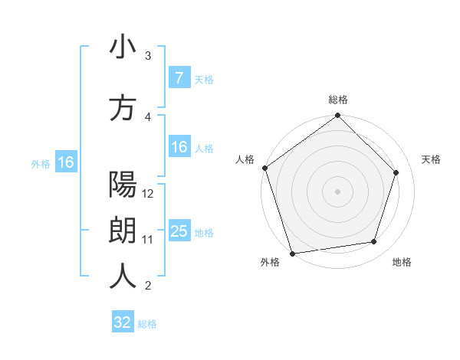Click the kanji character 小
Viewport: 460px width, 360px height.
(123, 47)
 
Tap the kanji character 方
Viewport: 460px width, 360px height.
(123, 108)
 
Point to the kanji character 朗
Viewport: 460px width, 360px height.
(123, 231)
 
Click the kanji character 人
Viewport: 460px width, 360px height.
(123, 277)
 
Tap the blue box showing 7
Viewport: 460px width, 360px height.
(179, 78)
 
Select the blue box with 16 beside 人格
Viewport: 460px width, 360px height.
(179, 147)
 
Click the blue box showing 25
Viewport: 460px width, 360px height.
(179, 231)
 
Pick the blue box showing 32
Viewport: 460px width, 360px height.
(123, 322)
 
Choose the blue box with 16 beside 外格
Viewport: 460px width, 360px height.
(65, 162)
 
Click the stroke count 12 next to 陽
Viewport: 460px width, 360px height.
(149, 193)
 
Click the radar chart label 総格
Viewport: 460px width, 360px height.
(338, 100)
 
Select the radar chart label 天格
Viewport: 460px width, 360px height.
(432, 159)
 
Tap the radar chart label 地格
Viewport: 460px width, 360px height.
(402, 263)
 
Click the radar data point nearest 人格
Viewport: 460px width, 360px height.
(264, 168)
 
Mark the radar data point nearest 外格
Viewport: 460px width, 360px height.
(292, 253)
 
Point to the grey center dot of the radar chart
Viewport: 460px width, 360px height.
(338, 191)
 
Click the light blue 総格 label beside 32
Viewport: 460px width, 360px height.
(147, 324)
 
